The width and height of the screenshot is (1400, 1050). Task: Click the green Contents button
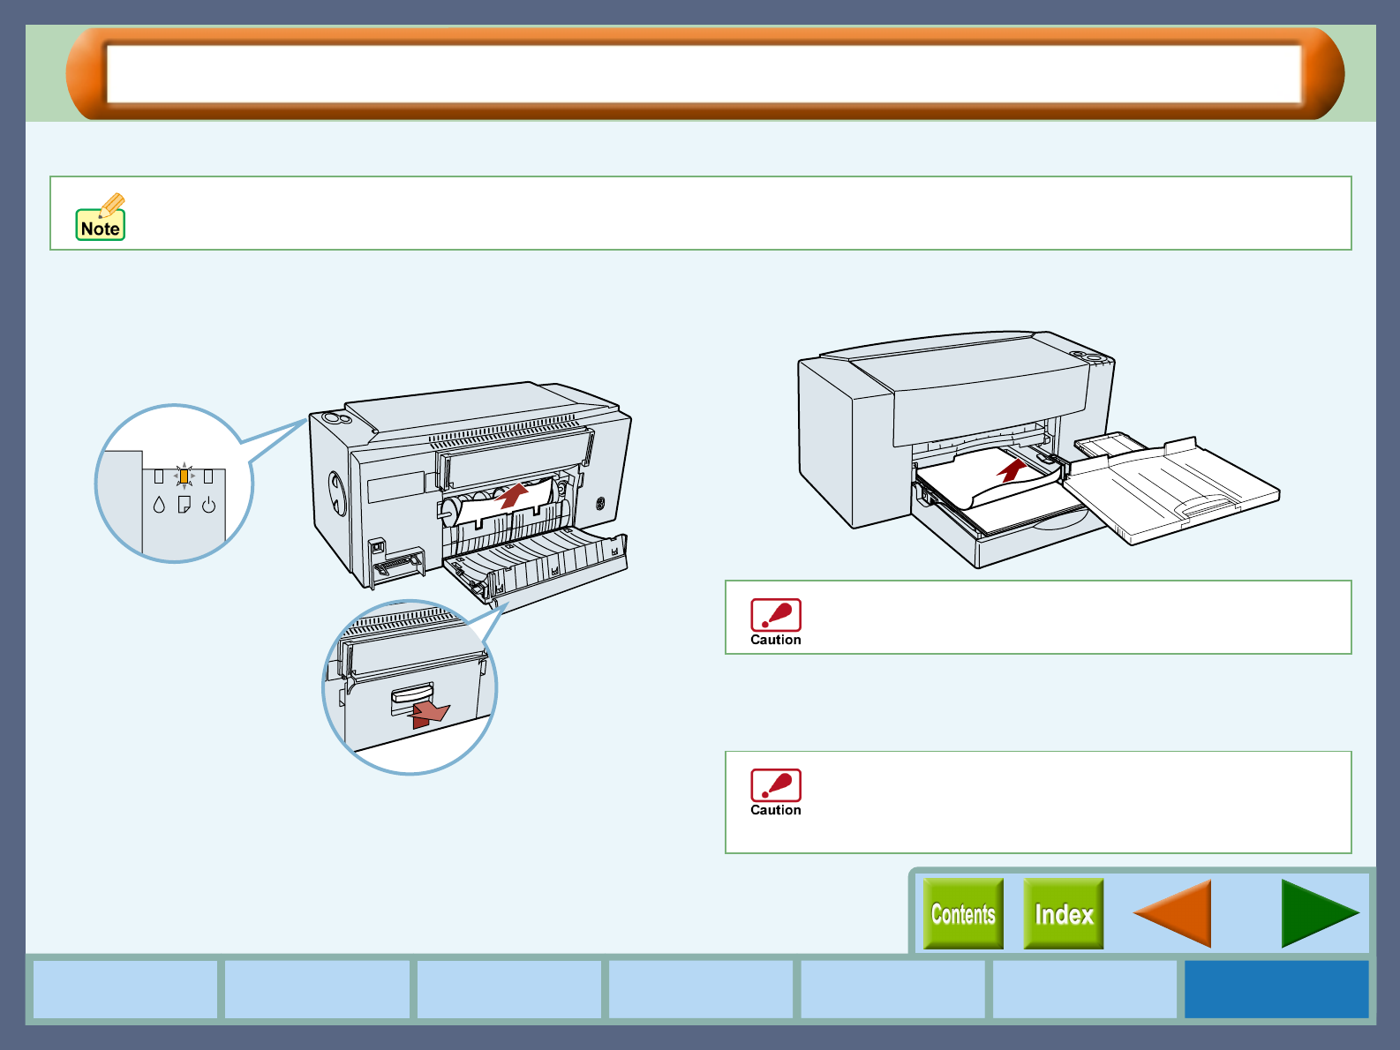pyautogui.click(x=963, y=914)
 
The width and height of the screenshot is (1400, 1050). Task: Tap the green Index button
pyautogui.click(x=1063, y=914)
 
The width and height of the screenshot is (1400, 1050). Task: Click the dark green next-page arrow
pyautogui.click(x=1319, y=914)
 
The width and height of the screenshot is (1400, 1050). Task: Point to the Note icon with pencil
pyautogui.click(x=101, y=218)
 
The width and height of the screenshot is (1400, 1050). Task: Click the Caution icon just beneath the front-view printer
pyautogui.click(x=775, y=621)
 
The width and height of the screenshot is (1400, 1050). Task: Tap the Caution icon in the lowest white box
pyautogui.click(x=775, y=791)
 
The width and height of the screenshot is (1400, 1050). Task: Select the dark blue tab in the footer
pyautogui.click(x=1276, y=989)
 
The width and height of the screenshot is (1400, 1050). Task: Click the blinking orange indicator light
pyautogui.click(x=184, y=476)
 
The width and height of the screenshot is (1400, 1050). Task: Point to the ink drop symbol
pyautogui.click(x=159, y=505)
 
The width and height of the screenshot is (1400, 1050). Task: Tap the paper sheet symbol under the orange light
pyautogui.click(x=184, y=505)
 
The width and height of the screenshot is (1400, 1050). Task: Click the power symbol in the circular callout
pyautogui.click(x=208, y=506)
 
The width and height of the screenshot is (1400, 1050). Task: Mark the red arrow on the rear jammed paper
pyautogui.click(x=512, y=495)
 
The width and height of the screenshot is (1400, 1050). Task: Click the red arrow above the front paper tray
pyautogui.click(x=1012, y=469)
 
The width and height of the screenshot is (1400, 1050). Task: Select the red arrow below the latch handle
pyautogui.click(x=430, y=714)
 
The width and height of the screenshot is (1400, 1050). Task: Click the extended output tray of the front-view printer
pyautogui.click(x=1174, y=490)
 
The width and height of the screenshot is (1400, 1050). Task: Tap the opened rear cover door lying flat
pyautogui.click(x=538, y=565)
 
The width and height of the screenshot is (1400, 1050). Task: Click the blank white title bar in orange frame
pyautogui.click(x=704, y=74)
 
